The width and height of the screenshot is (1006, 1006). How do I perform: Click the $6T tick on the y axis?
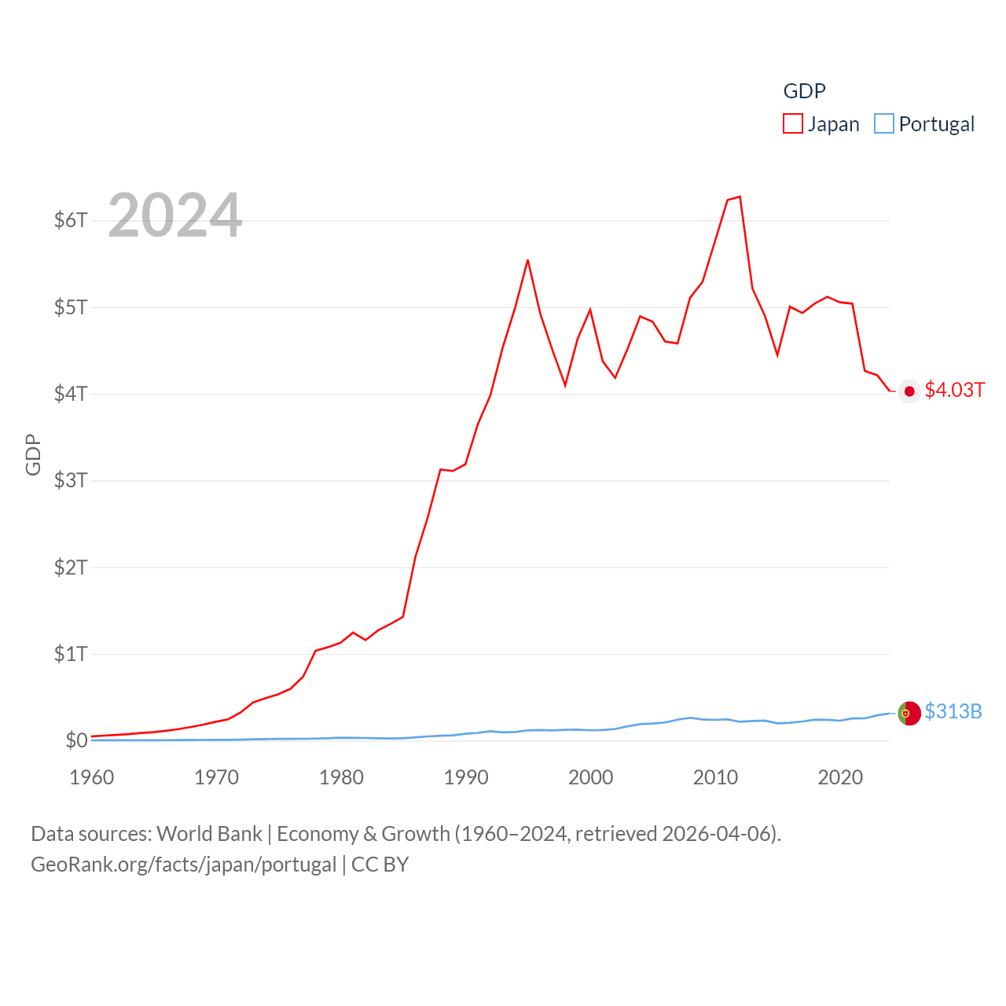point(71,220)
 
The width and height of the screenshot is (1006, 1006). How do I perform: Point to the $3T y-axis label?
point(71,480)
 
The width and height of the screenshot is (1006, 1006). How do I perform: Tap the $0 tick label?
point(76,740)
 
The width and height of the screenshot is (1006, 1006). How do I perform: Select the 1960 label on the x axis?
point(92,777)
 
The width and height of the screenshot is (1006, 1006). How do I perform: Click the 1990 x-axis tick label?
point(466,777)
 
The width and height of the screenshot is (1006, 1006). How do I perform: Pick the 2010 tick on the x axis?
point(715,777)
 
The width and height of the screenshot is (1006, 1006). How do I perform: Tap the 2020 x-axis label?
point(840,777)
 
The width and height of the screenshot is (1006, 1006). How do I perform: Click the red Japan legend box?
point(793,124)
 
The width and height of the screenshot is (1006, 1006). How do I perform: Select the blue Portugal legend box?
point(884,124)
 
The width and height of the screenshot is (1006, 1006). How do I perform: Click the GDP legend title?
point(804,91)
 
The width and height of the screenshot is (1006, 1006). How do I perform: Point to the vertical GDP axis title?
point(33,454)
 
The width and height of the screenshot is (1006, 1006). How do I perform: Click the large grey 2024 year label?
point(174,215)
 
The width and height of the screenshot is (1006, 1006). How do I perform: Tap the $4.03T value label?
point(954,391)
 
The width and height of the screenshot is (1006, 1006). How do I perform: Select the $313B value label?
point(953,711)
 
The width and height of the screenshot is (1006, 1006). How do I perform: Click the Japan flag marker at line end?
point(909,391)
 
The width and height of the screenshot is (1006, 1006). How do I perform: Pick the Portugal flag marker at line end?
point(909,713)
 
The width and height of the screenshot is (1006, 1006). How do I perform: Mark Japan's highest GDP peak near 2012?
point(740,196)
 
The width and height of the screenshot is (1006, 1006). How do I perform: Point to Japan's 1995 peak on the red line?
point(527,260)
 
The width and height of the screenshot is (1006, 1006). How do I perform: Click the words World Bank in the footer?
point(209,834)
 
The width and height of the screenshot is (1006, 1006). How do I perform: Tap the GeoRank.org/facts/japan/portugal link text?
point(184,865)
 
